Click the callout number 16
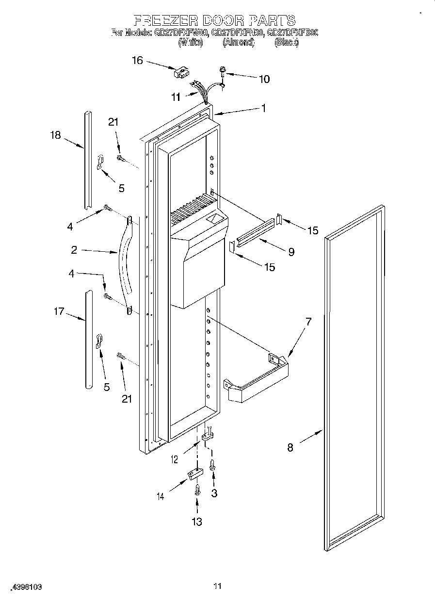click(138, 60)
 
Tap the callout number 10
click(264, 79)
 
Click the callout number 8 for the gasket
click(290, 448)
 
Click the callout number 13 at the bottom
click(196, 521)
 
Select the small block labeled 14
click(194, 474)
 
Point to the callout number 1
click(263, 108)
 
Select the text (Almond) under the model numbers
click(238, 42)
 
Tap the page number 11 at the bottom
click(217, 586)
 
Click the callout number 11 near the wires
click(176, 97)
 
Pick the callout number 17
click(59, 311)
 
